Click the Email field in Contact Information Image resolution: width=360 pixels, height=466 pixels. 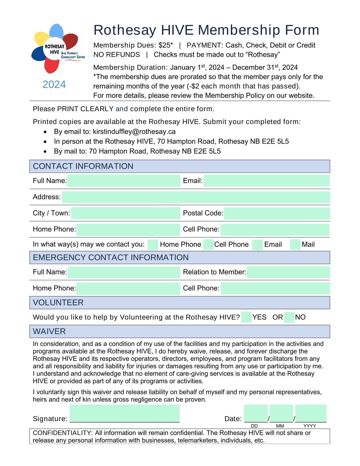(x=267, y=181)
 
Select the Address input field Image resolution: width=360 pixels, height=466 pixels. (x=196, y=197)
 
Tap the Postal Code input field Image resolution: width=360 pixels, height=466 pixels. (x=277, y=213)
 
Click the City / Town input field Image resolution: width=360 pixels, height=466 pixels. (x=126, y=213)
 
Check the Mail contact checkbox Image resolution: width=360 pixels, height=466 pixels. (x=295, y=245)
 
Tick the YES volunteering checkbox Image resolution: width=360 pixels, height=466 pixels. (x=246, y=317)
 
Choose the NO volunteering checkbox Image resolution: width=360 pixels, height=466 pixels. (x=289, y=317)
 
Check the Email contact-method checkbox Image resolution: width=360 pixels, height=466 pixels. (x=258, y=245)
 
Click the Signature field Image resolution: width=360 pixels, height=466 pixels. (x=125, y=413)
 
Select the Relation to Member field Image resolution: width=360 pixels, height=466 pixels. (x=288, y=272)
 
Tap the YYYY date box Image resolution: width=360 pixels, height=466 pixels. (x=311, y=413)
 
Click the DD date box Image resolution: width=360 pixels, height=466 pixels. (x=256, y=413)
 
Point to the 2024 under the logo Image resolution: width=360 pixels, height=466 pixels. (x=54, y=84)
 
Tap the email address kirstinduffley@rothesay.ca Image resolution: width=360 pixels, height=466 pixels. (x=134, y=132)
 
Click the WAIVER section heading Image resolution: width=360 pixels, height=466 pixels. (x=49, y=331)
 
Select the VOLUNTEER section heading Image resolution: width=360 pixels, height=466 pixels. (x=58, y=303)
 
